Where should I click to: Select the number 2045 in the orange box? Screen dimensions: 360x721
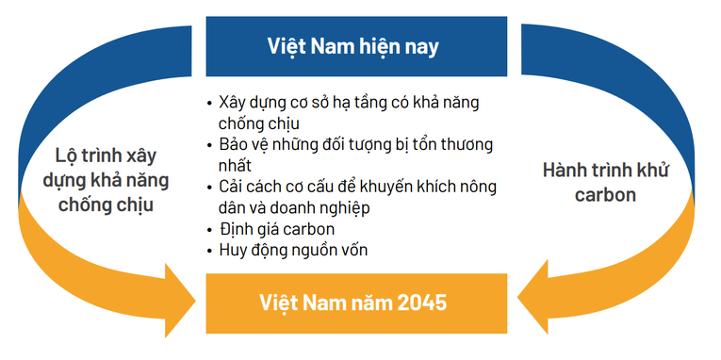point(420,303)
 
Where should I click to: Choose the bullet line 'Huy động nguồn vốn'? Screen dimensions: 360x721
point(293,250)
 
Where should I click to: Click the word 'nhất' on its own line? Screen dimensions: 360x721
point(235,166)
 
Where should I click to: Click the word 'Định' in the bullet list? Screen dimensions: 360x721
point(237,229)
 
